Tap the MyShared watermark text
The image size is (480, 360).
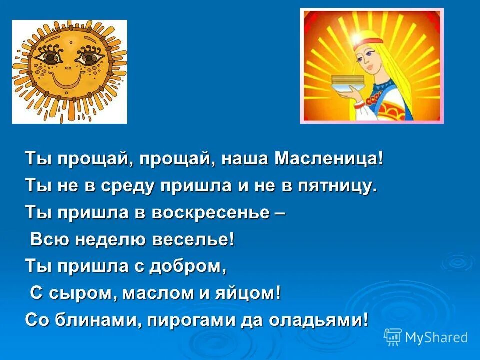(436, 337)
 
